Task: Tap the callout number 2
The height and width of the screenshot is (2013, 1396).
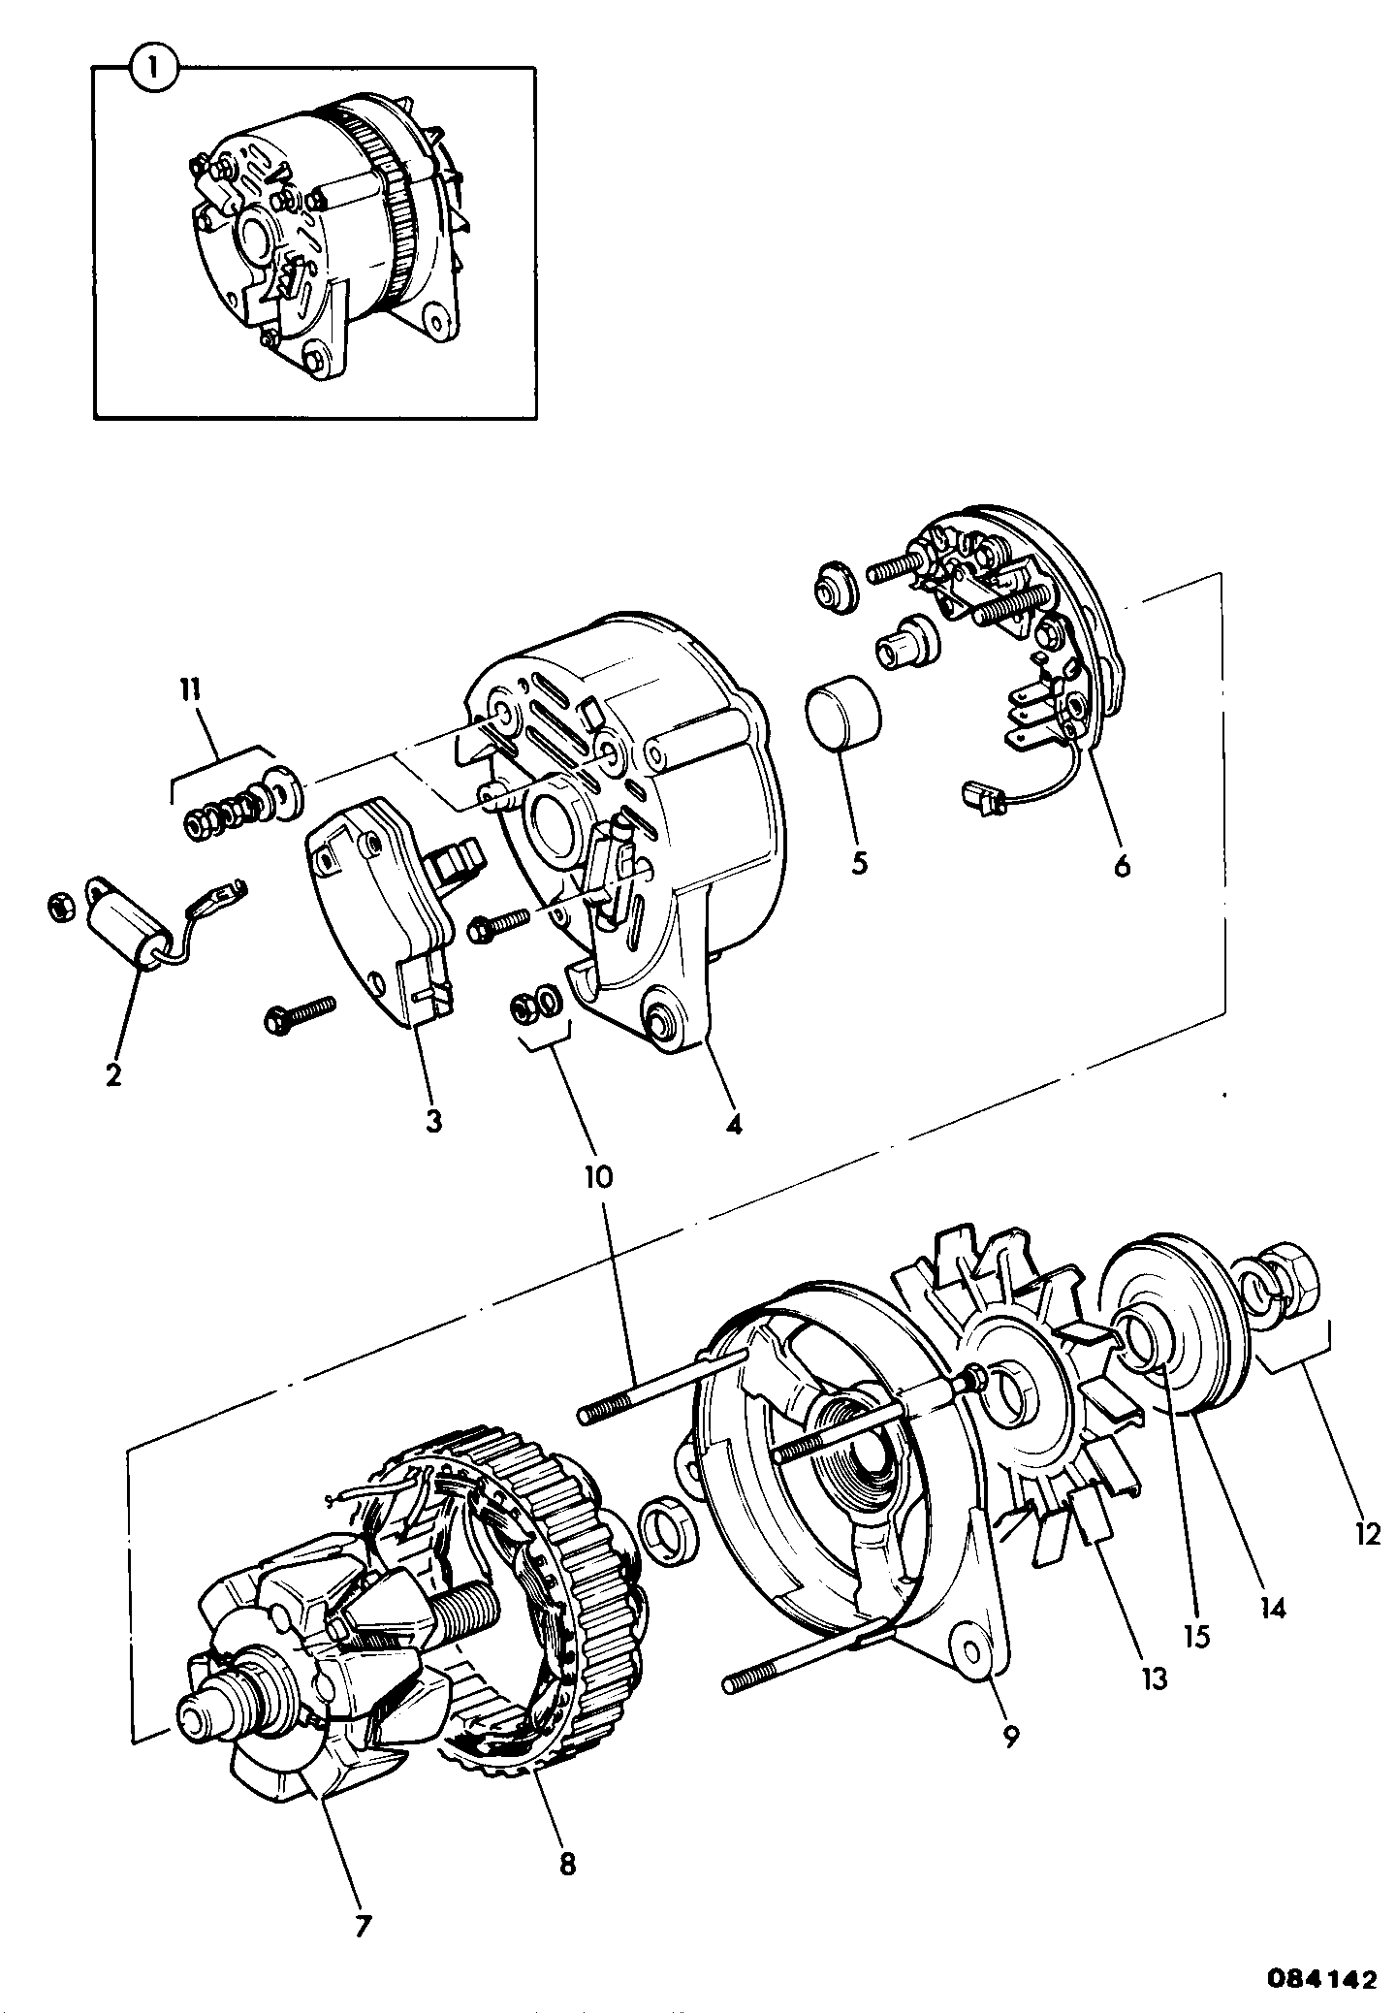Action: point(113,1073)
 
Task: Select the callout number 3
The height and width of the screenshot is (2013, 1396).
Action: point(432,1120)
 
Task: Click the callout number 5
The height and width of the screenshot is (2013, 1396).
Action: point(859,862)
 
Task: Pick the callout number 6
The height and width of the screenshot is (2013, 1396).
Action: point(1122,864)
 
